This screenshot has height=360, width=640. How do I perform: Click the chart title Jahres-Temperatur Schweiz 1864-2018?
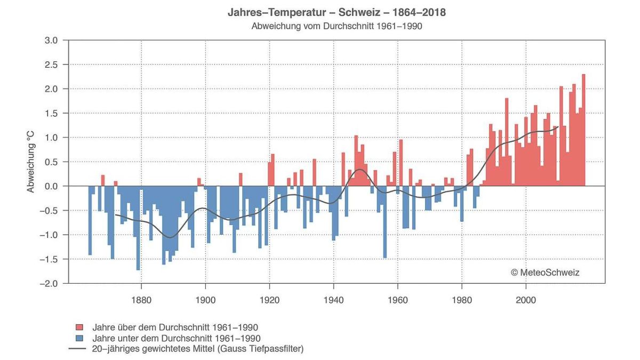pos(337,12)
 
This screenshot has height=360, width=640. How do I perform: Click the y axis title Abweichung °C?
pos(31,162)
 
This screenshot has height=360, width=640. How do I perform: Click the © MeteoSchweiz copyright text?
pos(545,273)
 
